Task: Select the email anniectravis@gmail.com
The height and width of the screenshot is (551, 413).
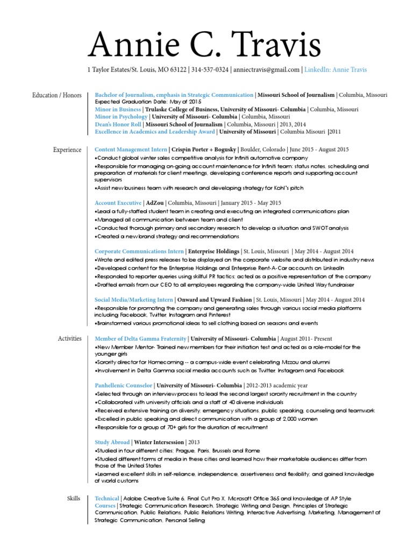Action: pyautogui.click(x=266, y=69)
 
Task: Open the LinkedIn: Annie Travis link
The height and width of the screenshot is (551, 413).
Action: pyautogui.click(x=336, y=69)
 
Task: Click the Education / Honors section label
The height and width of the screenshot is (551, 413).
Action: pyautogui.click(x=57, y=95)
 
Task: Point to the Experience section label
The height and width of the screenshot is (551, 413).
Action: pyautogui.click(x=67, y=150)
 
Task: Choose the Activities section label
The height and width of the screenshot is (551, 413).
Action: pyautogui.click(x=69, y=338)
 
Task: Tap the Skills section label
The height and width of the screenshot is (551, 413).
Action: pyautogui.click(x=74, y=499)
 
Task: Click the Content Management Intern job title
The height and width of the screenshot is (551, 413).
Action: pyautogui.click(x=131, y=150)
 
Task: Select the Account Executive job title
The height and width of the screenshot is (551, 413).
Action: pyautogui.click(x=118, y=203)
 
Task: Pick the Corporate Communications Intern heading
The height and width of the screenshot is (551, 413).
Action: pyautogui.click(x=139, y=251)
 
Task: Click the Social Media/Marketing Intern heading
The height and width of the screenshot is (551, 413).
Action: pyautogui.click(x=134, y=299)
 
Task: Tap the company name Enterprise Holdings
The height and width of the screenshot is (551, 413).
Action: pyautogui.click(x=213, y=251)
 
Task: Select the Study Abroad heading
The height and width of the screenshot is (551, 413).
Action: pyautogui.click(x=112, y=442)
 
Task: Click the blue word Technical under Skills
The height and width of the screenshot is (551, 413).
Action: pyautogui.click(x=106, y=499)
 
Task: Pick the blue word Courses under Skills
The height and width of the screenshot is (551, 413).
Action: pyautogui.click(x=105, y=506)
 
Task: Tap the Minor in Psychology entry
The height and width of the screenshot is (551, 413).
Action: pyautogui.click(x=121, y=116)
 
